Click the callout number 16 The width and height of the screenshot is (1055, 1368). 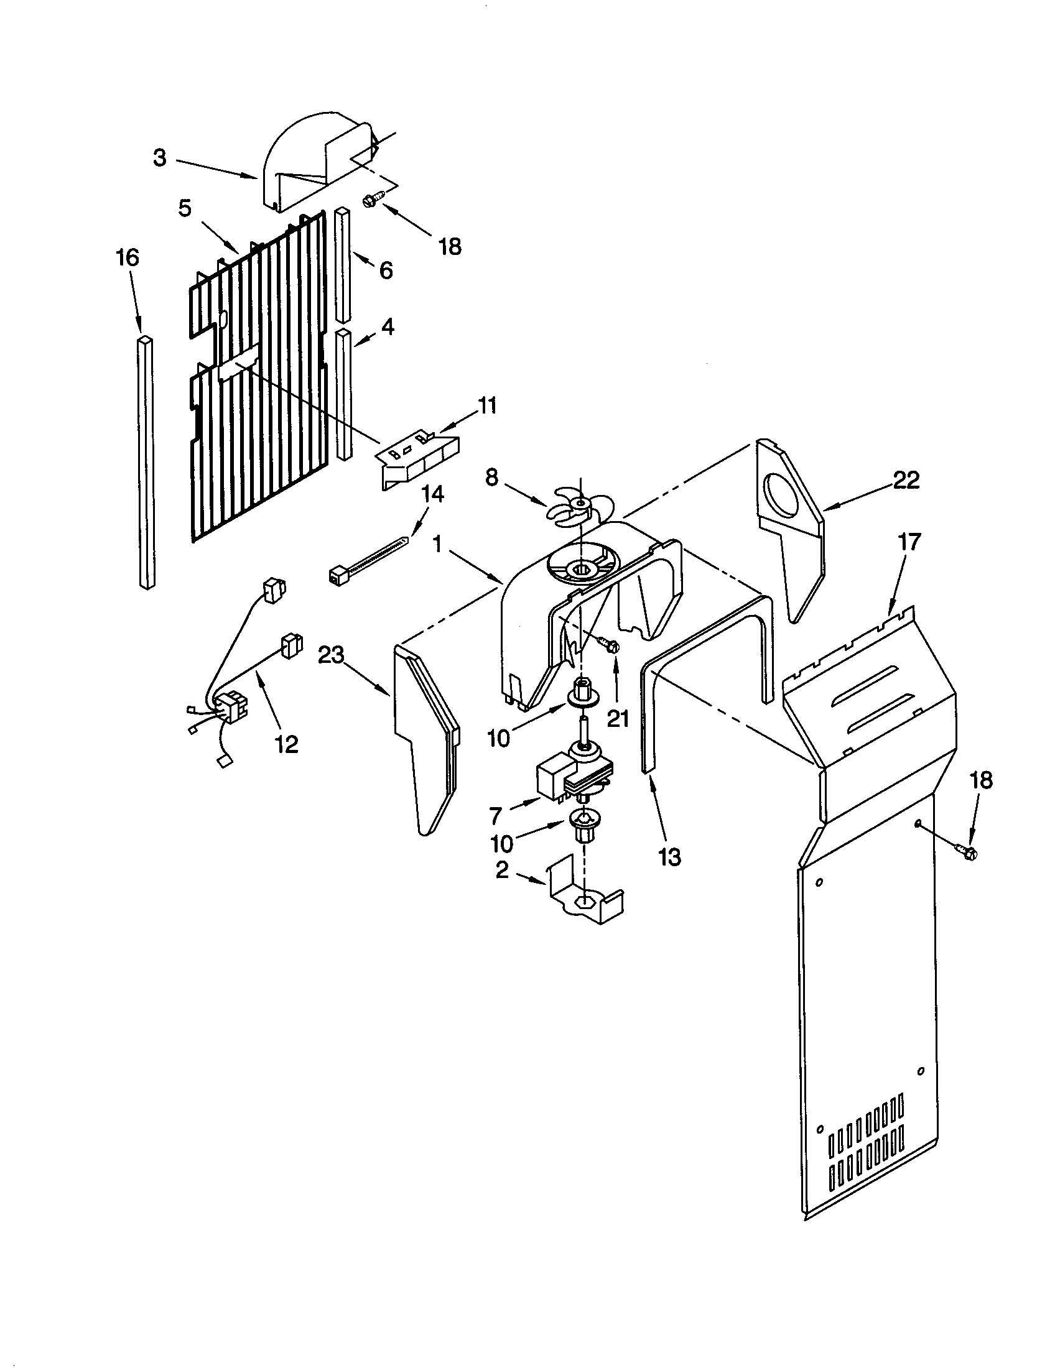click(x=127, y=257)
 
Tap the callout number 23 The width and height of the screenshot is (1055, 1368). click(x=333, y=656)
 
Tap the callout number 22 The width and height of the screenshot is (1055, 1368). click(x=905, y=481)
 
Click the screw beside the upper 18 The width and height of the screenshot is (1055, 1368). click(x=369, y=200)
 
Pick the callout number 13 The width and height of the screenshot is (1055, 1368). click(x=670, y=857)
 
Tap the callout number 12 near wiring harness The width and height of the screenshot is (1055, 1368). click(x=286, y=744)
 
